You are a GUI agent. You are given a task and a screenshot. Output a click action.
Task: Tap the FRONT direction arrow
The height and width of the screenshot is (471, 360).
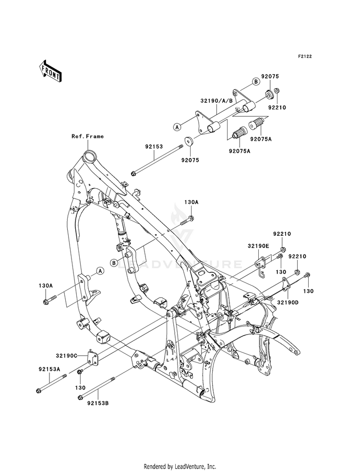[x=50, y=71]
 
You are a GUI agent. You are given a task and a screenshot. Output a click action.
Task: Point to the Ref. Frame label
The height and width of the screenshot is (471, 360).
[x=87, y=136]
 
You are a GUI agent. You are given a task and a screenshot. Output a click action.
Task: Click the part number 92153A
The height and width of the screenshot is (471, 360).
[x=49, y=369]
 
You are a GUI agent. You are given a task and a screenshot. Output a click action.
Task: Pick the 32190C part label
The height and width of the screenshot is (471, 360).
[x=66, y=356]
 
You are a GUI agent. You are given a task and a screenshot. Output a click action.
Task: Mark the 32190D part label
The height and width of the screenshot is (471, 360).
[x=288, y=302]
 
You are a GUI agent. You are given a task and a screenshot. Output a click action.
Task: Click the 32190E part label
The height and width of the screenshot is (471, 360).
[x=258, y=246]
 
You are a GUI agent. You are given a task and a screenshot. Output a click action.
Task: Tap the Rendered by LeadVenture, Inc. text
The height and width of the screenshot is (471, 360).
[x=180, y=467]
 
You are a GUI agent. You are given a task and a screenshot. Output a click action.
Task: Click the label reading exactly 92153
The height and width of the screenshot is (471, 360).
[x=154, y=147]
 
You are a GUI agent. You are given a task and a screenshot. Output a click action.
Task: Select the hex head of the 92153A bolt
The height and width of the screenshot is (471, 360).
[x=38, y=391]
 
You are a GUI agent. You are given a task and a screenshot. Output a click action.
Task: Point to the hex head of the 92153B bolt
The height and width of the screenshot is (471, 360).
[x=80, y=398]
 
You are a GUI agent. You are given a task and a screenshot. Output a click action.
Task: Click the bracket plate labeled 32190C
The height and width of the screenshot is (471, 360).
[x=92, y=358]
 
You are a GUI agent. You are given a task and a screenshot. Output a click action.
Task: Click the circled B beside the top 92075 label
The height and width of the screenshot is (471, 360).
[x=255, y=82]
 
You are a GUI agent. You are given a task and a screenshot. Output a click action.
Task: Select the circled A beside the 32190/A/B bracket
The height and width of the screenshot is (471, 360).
[x=177, y=127]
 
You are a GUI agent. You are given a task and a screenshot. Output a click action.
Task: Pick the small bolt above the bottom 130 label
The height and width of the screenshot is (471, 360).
[x=80, y=372]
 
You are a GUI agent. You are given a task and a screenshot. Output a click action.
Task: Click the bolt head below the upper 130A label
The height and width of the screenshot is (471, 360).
[x=191, y=217]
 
